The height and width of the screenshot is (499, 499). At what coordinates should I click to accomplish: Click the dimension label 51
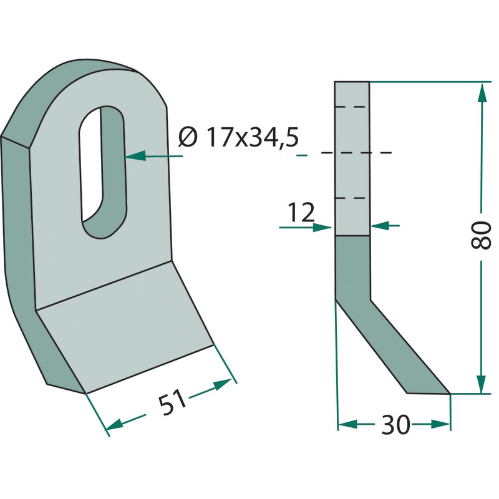coord(172,402)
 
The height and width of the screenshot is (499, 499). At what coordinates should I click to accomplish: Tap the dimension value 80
coord(480,236)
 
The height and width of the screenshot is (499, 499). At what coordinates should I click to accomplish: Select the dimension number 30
coord(395,425)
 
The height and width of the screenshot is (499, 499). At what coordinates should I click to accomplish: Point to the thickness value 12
coord(301,212)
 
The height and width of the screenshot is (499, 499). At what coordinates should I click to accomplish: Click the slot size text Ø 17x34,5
coord(239,137)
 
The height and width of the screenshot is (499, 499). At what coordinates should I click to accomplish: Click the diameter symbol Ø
coord(188,137)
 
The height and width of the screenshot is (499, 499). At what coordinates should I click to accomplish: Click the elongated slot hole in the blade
coord(103,172)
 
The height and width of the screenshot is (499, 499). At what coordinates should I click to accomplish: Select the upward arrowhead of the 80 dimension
coord(482,94)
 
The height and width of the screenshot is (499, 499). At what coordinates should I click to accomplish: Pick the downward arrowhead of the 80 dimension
coord(482,384)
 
